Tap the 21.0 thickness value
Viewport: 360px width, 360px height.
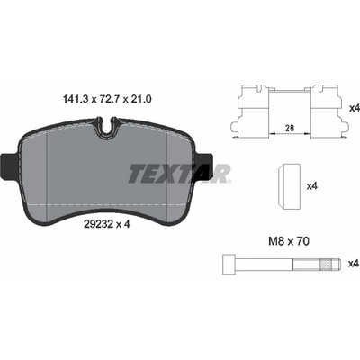140,98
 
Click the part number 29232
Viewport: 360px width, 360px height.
94,224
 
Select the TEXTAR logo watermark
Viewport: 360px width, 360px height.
180,174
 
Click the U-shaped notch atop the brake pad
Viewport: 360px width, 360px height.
107,128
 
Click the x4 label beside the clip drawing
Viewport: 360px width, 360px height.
355,109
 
